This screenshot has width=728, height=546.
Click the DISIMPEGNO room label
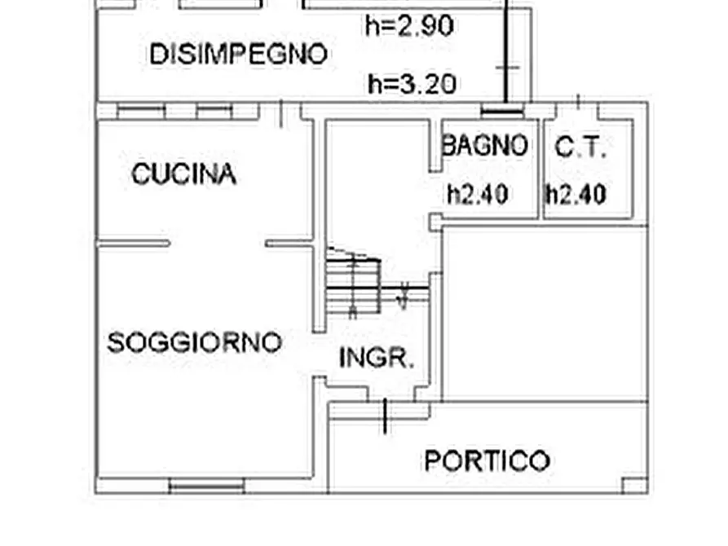(238, 55)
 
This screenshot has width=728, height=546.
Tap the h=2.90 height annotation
(409, 27)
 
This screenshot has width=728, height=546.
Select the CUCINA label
(184, 174)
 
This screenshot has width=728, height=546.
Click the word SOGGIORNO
(195, 342)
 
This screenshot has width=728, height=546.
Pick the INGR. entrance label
(377, 358)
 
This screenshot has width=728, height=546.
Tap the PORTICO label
(487, 461)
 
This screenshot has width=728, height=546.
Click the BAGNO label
(484, 146)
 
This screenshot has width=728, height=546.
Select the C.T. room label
(581, 148)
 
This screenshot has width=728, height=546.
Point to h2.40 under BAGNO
(478, 194)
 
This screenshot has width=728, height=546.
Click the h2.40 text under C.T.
(576, 194)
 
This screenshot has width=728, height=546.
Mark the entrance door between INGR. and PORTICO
(385, 412)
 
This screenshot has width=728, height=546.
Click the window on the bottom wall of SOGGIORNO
(206, 487)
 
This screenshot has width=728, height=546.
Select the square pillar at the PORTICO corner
(634, 486)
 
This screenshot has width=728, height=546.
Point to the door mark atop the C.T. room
(578, 103)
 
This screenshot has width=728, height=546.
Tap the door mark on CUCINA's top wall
(281, 113)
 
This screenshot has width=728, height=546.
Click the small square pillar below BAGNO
(436, 221)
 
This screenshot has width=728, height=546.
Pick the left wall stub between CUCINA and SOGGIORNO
(134, 243)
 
